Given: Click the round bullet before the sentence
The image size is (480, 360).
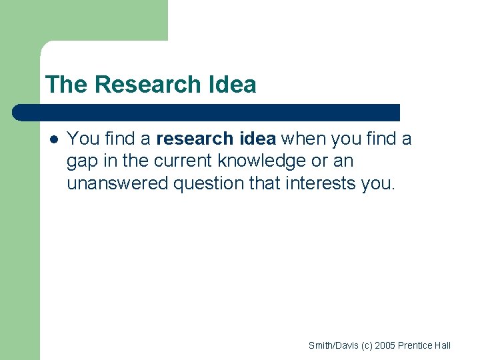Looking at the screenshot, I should coord(53,139).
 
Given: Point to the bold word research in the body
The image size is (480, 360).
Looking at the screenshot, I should coord(192,139).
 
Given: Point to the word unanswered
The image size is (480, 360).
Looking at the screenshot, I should coord(117,183).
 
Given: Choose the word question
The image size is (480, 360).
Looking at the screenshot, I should coord(209,183).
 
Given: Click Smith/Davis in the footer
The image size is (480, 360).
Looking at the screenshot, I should coord(333,345).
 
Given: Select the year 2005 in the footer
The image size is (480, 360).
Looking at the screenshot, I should coord(385,345).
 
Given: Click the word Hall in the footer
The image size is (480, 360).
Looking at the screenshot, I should coord(442,345).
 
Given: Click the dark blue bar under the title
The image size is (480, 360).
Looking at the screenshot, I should coord(207,112).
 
